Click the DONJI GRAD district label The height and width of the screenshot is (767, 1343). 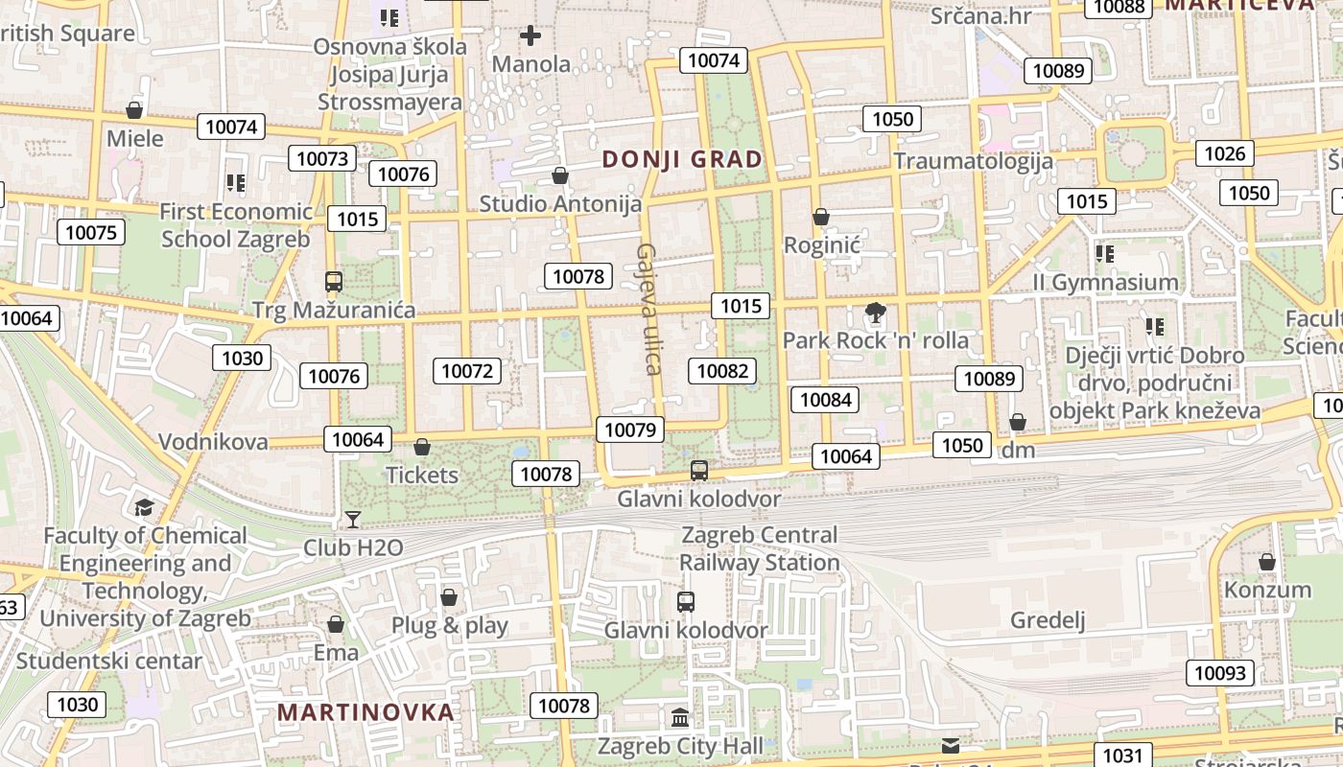point(682,159)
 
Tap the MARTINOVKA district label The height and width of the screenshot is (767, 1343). point(365,712)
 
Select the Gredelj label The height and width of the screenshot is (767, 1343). point(1048,620)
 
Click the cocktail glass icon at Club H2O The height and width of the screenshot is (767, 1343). point(353,520)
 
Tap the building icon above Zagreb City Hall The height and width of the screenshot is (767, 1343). point(680,717)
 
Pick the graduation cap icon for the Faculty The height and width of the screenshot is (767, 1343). point(144,507)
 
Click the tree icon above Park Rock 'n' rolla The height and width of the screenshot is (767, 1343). point(875,312)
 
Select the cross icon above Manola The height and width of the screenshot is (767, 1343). point(530,36)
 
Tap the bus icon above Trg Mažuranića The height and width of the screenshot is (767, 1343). point(334,282)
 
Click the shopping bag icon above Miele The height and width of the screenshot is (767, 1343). point(134,110)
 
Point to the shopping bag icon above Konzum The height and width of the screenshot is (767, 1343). point(1267,562)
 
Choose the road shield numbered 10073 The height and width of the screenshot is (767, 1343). point(321,158)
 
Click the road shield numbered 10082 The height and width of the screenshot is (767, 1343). point(722,371)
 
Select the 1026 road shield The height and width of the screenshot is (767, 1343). point(1224,153)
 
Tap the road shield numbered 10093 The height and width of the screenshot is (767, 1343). point(1220,672)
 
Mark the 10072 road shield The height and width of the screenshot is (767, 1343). point(467,371)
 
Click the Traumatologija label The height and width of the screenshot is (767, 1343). point(973,160)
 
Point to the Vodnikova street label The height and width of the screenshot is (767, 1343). point(213,442)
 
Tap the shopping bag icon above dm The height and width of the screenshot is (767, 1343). point(1018,422)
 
